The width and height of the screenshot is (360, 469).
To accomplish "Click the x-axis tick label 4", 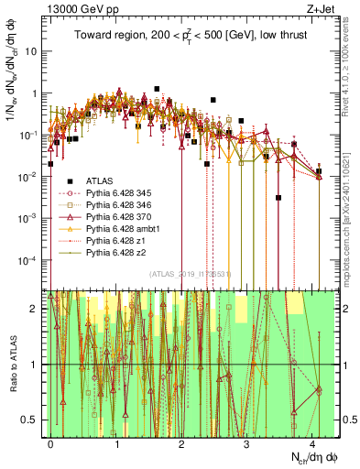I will [312, 442].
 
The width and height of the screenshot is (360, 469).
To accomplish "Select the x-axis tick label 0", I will [50, 442].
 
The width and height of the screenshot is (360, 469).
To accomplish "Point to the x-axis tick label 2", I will [181, 442].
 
